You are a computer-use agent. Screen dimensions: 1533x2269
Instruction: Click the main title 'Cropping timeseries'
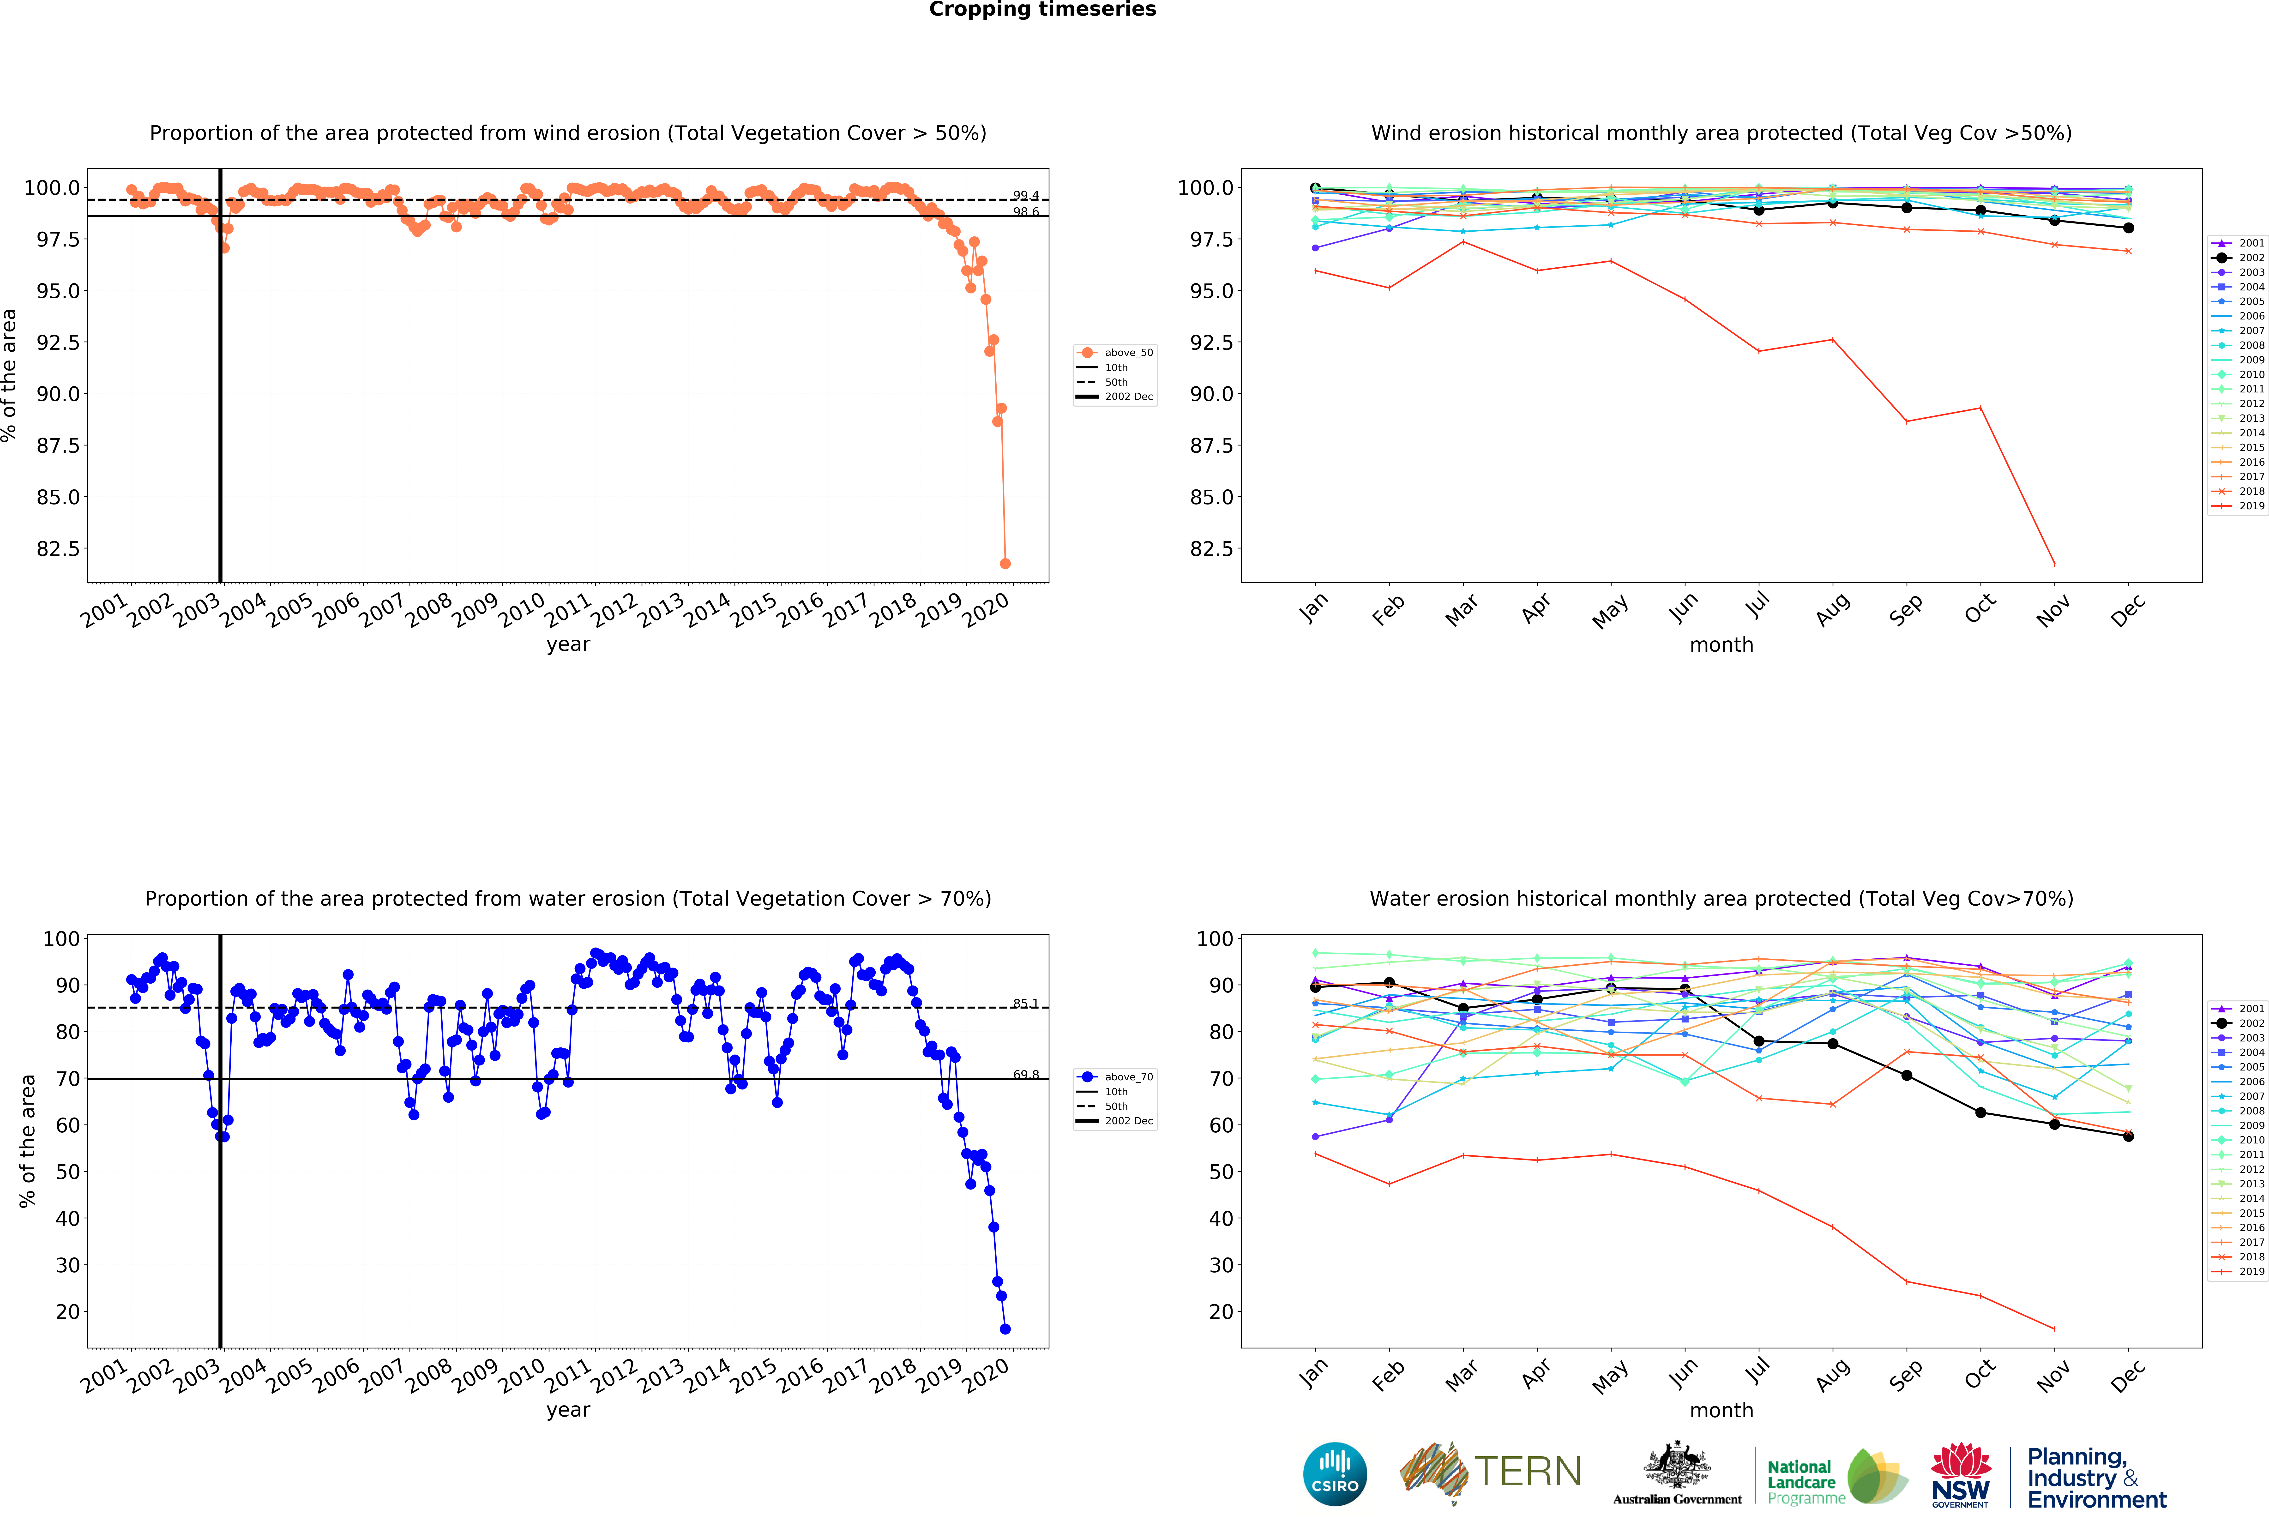point(1042,10)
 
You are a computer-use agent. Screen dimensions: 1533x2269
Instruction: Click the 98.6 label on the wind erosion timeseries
point(1025,212)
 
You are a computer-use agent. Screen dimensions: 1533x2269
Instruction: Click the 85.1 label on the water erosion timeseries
point(1025,1004)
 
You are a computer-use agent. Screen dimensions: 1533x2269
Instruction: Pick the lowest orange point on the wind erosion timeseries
point(1005,563)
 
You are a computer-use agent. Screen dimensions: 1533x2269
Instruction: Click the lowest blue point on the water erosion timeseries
point(1005,1329)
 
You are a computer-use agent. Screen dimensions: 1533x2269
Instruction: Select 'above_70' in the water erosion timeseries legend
point(1129,1077)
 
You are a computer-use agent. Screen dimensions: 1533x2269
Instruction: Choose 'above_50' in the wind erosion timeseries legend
point(1129,353)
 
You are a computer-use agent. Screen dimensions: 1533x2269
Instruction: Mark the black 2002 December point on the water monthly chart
point(2128,1136)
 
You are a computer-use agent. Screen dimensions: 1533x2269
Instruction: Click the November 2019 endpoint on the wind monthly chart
point(2054,563)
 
